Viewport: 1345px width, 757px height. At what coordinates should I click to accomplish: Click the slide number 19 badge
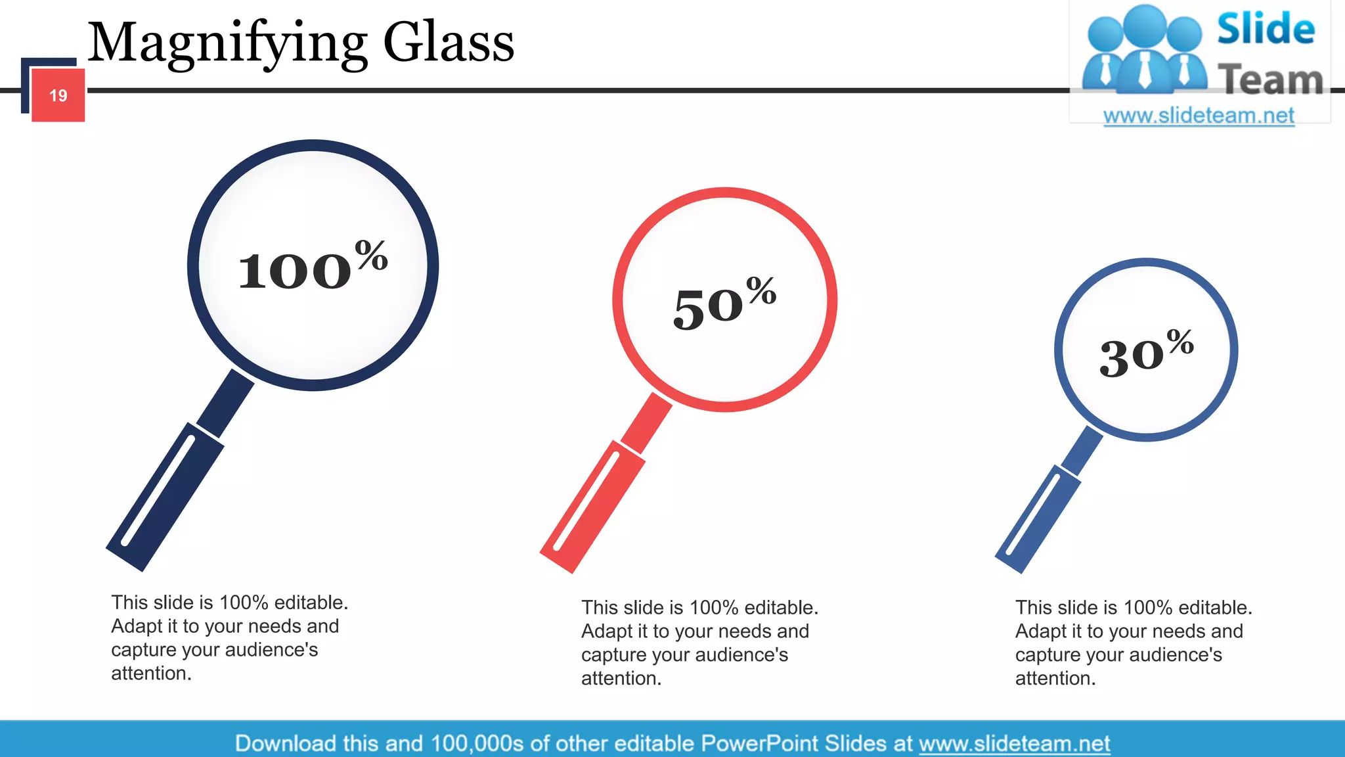coord(58,96)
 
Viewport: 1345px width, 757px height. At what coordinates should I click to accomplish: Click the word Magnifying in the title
coord(227,43)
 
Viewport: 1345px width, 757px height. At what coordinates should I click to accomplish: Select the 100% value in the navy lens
coord(312,266)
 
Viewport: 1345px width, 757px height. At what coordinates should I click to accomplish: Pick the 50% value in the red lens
coord(724,304)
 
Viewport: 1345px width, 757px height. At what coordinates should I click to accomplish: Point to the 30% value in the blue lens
coord(1146,354)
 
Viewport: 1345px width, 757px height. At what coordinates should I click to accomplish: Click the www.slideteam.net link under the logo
coord(1199,116)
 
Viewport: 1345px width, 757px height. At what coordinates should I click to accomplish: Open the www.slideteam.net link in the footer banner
coord(1014,743)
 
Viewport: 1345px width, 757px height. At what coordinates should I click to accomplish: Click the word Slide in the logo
coord(1266,30)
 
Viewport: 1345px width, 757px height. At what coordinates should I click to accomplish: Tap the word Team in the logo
coord(1270,80)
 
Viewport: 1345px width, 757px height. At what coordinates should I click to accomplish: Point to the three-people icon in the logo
coord(1144,49)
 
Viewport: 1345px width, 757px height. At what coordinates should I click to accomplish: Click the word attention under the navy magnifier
coord(150,674)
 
